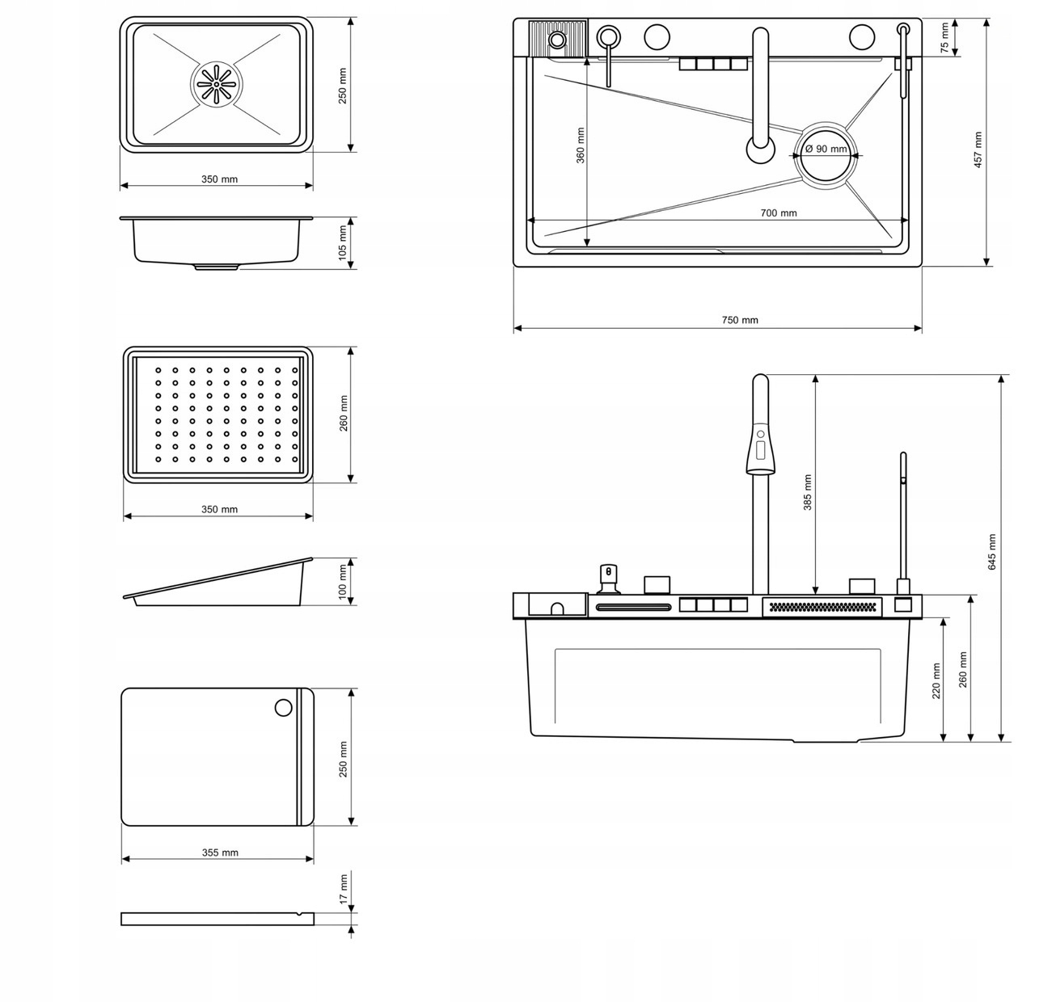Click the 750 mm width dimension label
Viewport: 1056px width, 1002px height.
point(740,320)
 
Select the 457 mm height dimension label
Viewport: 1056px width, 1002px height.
point(978,149)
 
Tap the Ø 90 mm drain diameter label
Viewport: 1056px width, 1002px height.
point(826,149)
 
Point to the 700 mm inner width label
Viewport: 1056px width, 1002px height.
point(779,213)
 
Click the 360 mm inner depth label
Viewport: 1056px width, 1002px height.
point(580,145)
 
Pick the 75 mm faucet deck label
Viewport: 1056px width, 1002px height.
point(944,38)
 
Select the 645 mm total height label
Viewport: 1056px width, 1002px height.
point(991,551)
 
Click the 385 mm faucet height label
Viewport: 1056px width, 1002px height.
point(807,492)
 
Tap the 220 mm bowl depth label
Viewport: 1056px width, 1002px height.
point(936,681)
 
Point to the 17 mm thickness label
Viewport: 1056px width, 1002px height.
point(344,889)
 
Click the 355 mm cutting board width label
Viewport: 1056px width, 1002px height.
point(220,853)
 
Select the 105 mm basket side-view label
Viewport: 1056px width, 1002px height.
point(343,242)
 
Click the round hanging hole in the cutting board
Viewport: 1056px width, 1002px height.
point(283,708)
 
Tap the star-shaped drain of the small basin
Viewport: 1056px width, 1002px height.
point(216,84)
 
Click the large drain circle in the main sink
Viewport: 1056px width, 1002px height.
point(826,156)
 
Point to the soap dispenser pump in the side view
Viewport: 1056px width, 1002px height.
point(607,579)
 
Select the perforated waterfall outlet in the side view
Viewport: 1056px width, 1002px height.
point(822,608)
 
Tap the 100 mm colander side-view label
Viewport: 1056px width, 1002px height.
point(343,582)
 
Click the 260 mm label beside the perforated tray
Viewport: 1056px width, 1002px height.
point(344,414)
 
